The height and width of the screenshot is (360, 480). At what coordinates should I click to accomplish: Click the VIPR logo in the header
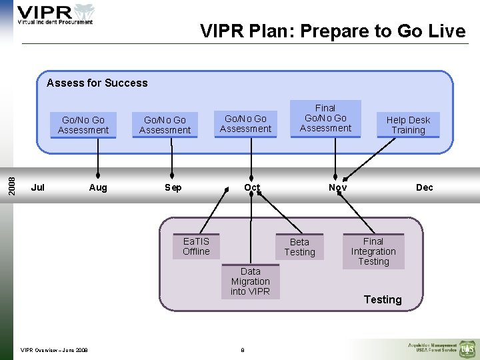pos(55,14)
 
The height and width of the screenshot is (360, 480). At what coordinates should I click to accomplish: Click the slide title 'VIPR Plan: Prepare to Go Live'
pos(333,31)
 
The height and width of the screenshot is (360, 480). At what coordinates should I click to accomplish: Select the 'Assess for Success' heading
pos(97,83)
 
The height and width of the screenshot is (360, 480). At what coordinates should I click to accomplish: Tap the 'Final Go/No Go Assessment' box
pos(325,118)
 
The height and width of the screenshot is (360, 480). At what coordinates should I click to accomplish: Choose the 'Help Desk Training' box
pos(408,125)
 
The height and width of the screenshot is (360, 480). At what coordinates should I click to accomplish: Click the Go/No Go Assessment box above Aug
pos(83,125)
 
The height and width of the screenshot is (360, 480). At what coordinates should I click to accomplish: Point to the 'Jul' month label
pos(38,187)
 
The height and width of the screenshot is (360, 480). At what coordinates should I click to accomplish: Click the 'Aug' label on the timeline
pos(98,187)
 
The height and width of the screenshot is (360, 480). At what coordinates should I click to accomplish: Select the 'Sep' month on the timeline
pos(173,187)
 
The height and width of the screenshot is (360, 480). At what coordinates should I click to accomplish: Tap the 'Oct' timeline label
pos(252,187)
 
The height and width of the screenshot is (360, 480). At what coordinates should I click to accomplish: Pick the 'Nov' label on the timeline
pos(338,187)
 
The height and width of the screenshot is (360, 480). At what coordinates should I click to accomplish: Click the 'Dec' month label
pos(425,187)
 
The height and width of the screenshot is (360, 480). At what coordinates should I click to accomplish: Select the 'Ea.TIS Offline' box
pos(196,247)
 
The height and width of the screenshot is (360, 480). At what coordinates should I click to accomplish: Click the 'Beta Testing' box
pos(299,247)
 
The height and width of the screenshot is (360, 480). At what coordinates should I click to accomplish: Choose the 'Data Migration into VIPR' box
pos(251,281)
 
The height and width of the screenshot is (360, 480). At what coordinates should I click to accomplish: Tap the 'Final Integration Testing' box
pos(373,251)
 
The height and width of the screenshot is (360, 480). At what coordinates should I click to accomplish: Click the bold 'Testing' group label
pos(383,299)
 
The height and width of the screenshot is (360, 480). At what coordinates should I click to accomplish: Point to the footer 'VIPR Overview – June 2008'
pos(54,349)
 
